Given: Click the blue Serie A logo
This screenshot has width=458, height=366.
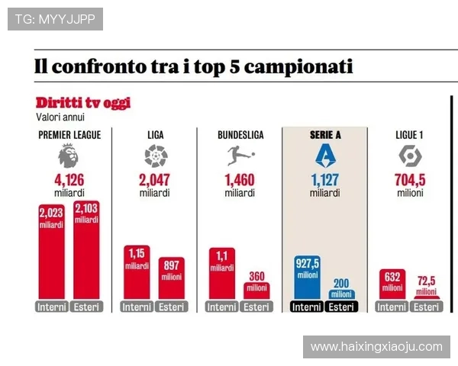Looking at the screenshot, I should pyautogui.click(x=325, y=156).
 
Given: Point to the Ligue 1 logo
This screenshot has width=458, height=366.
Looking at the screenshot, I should pyautogui.click(x=410, y=156).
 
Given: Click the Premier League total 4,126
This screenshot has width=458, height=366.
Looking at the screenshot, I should pyautogui.click(x=68, y=181).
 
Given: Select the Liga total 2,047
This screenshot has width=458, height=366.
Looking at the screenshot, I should pyautogui.click(x=155, y=181).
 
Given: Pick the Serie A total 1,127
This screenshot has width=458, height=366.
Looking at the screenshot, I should pyautogui.click(x=325, y=181).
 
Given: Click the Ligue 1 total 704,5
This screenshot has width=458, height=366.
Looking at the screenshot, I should pyautogui.click(x=410, y=181).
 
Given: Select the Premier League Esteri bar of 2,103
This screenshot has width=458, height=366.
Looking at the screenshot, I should pyautogui.click(x=86, y=252).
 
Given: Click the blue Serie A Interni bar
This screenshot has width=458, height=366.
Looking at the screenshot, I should pyautogui.click(x=308, y=278).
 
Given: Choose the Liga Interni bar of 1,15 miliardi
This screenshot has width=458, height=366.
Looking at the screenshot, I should pyautogui.click(x=137, y=273).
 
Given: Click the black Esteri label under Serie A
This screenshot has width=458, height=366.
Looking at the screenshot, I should pyautogui.click(x=341, y=307).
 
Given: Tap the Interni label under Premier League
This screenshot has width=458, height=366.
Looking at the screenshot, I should pyautogui.click(x=51, y=307).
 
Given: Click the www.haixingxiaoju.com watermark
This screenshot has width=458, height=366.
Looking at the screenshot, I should pyautogui.click(x=376, y=347).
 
